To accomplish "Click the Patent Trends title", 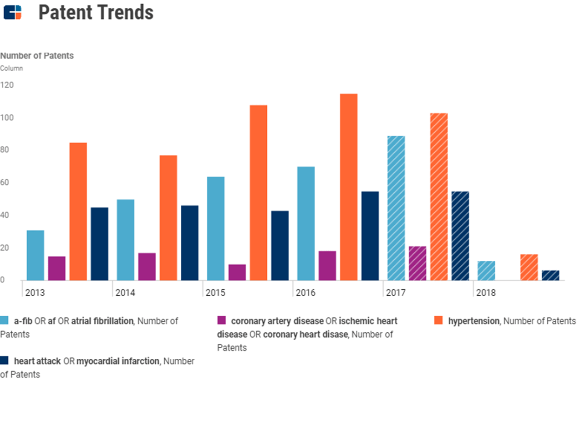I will click(x=96, y=13).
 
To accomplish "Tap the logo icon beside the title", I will click(x=12, y=13).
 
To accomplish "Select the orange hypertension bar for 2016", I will click(x=348, y=187).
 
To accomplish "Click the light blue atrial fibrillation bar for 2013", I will click(x=36, y=255).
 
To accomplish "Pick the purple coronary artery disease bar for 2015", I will click(x=237, y=272).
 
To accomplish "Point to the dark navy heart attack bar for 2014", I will click(x=190, y=242).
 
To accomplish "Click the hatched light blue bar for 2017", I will click(x=396, y=208).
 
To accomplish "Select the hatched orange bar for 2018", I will click(x=529, y=267).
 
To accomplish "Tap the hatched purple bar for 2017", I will click(x=417, y=263).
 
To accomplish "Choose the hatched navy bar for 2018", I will click(x=550, y=275).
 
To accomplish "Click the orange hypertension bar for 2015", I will click(x=259, y=192).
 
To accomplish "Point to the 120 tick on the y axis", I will click(x=7, y=85).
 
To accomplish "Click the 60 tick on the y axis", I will click(x=5, y=183).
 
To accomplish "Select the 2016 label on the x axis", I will click(x=305, y=293).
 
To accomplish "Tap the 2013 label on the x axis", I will click(x=35, y=293).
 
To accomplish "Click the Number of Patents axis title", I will click(x=37, y=56).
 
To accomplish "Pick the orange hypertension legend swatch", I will click(x=438, y=321).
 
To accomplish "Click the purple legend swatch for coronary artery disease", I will click(x=222, y=321).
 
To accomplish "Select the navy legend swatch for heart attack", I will click(x=5, y=361).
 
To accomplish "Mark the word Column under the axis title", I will click(x=11, y=68).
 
